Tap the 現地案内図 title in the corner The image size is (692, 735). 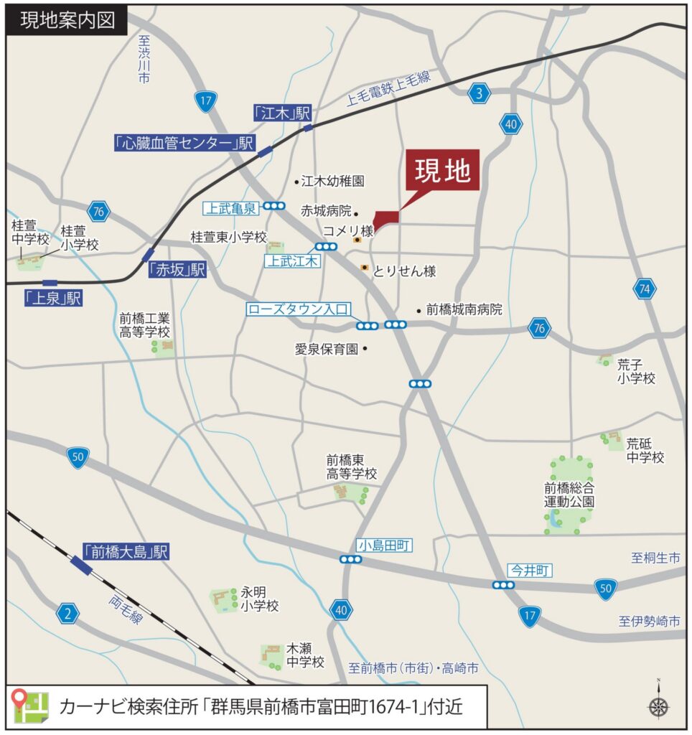click(67, 19)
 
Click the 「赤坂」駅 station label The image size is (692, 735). click(177, 270)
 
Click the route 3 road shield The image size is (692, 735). click(480, 93)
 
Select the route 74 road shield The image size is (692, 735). click(644, 289)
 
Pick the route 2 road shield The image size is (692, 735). click(68, 613)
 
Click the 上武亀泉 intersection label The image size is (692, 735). click(230, 208)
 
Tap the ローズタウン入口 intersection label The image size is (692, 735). click(297, 310)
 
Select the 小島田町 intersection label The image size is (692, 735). click(384, 546)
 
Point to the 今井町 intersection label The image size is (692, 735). click(530, 571)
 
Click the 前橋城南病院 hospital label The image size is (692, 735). click(464, 310)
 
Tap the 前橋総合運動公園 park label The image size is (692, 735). click(569, 494)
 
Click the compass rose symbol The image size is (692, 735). click(658, 706)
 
